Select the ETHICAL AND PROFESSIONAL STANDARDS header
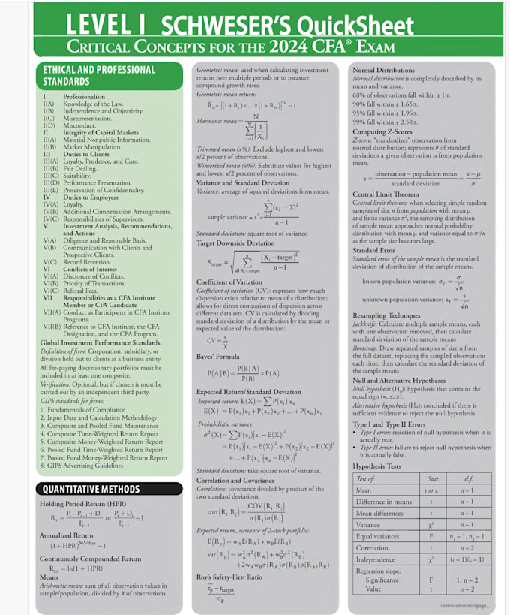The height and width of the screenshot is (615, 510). [x=98, y=75]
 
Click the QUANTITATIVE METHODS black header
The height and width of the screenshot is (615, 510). [x=89, y=489]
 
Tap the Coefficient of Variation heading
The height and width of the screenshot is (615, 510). [x=229, y=282]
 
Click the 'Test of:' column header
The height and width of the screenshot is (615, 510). [x=366, y=478]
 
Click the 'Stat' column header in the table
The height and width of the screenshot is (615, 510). [x=431, y=478]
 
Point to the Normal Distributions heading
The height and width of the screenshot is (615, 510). [x=383, y=70]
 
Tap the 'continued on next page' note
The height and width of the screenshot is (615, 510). [x=465, y=605]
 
